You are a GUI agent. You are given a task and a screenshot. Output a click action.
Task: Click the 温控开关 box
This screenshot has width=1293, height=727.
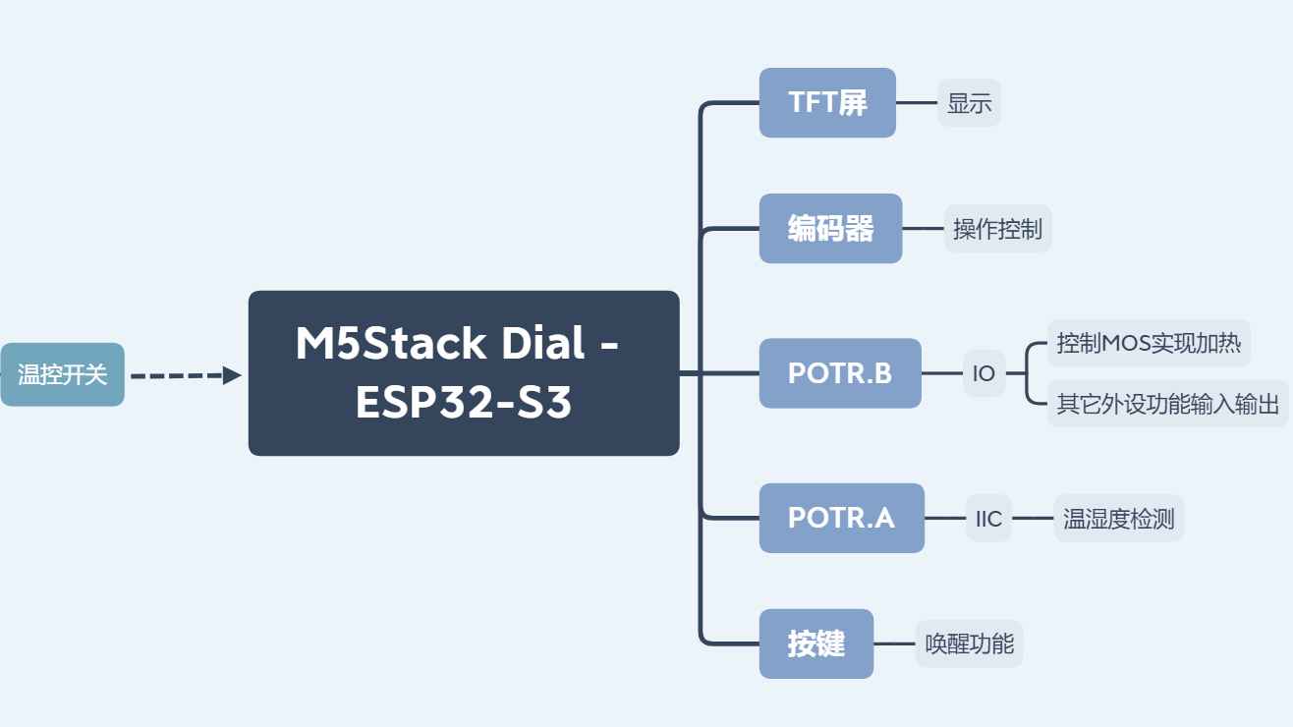click(x=62, y=374)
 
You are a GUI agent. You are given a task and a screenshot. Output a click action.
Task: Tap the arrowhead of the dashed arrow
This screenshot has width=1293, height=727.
click(x=232, y=375)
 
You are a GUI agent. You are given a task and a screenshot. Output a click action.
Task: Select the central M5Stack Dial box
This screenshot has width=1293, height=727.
click(x=464, y=373)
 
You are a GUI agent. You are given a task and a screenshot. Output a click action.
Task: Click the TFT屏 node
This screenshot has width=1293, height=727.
click(x=827, y=103)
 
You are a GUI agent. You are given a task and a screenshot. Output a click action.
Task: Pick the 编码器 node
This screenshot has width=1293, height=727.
click(x=830, y=229)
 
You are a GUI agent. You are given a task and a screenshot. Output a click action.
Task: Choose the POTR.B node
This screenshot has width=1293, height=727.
click(x=840, y=373)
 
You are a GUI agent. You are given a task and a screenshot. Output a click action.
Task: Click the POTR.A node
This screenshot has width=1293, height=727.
click(x=842, y=518)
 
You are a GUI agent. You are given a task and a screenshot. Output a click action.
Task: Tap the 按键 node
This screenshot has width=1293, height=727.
click(x=816, y=643)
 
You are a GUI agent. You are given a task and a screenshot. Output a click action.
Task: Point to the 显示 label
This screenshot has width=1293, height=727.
click(x=969, y=103)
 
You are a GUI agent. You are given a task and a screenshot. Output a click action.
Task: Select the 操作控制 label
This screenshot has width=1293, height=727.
click(x=997, y=229)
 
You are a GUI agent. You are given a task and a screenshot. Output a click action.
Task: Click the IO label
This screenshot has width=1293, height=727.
click(x=984, y=373)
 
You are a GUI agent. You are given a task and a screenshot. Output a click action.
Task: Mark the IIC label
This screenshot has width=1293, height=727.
click(x=988, y=518)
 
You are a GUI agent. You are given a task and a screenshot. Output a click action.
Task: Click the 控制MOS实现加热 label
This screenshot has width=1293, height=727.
click(x=1149, y=343)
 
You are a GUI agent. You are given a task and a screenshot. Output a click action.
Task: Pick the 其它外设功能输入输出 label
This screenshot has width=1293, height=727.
click(x=1168, y=404)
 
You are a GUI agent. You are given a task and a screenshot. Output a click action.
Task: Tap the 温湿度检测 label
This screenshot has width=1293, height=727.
click(x=1119, y=518)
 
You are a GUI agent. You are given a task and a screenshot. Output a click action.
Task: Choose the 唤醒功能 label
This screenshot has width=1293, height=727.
click(x=969, y=643)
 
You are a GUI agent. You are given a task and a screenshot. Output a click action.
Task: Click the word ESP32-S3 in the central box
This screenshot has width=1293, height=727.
click(x=464, y=402)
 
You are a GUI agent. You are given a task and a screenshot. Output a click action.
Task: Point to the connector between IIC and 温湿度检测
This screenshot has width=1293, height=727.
click(x=1033, y=518)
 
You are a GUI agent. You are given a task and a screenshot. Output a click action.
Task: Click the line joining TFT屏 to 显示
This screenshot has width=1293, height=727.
click(x=917, y=103)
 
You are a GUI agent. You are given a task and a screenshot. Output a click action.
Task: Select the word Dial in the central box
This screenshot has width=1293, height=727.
click(x=542, y=343)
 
